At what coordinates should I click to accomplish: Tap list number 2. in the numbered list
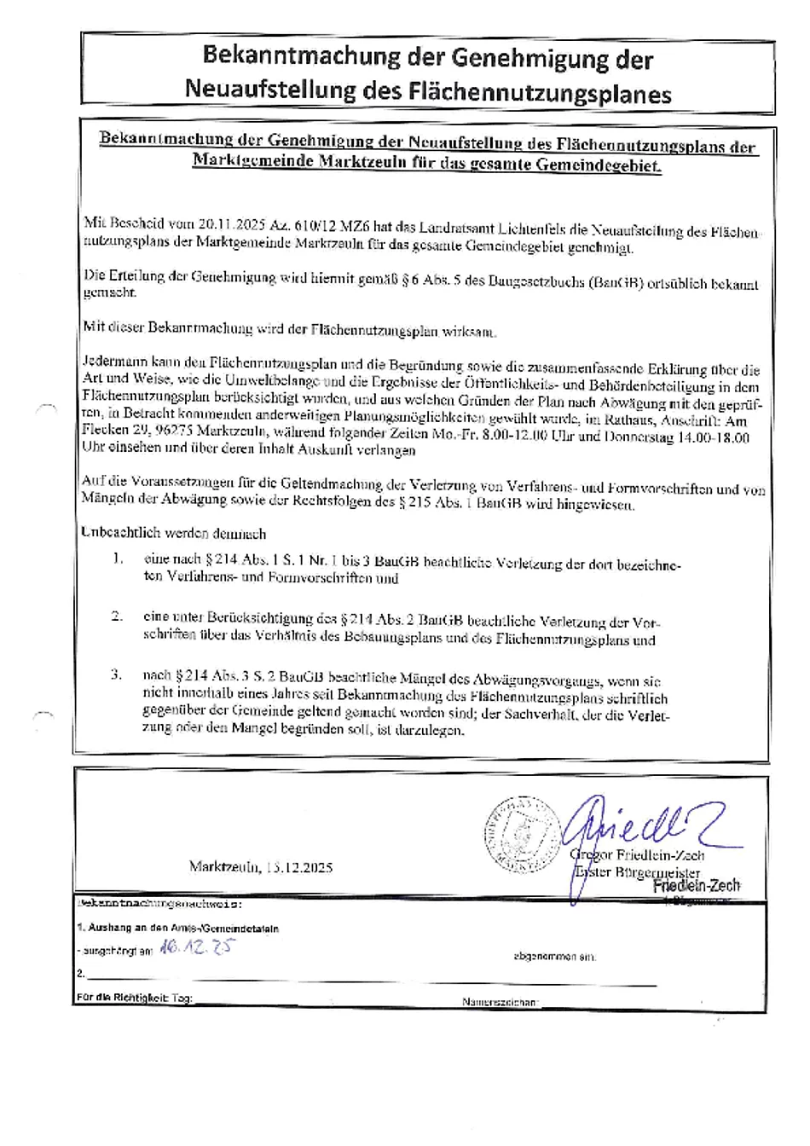117,616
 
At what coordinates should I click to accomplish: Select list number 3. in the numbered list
117,674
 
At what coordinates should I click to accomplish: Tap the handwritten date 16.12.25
196,948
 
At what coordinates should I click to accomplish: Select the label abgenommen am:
554,957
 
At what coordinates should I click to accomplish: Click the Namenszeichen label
500,1002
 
